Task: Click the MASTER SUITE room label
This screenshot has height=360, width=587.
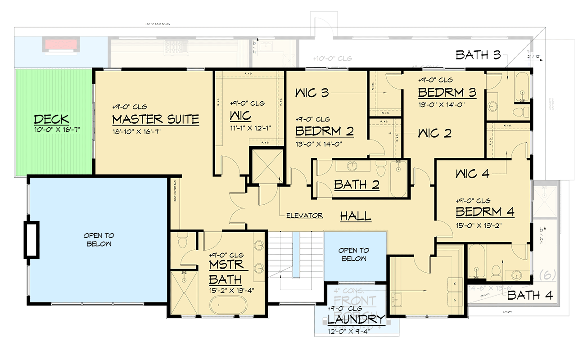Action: click(155, 119)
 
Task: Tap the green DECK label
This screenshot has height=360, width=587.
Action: click(52, 119)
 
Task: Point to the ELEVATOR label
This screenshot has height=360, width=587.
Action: click(304, 216)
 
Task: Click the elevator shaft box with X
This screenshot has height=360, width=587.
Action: click(267, 166)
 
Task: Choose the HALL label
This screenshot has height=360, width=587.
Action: click(356, 216)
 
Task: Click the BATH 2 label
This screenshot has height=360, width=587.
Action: click(357, 184)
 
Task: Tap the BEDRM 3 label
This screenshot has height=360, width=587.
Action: click(447, 93)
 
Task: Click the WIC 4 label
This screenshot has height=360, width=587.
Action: click(472, 173)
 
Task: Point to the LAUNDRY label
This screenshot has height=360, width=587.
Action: click(356, 319)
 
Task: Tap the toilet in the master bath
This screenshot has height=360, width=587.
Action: click(183, 243)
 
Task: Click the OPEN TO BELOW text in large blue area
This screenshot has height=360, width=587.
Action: click(99, 239)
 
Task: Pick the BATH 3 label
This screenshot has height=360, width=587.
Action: click(478, 55)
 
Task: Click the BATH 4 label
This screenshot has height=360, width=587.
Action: click(530, 295)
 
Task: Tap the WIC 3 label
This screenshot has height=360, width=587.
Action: click(312, 93)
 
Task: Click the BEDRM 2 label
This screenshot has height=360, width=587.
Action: click(324, 131)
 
